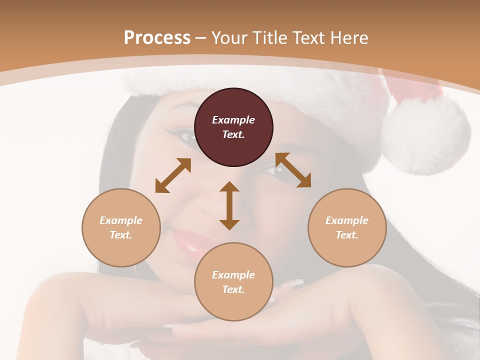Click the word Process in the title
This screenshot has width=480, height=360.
pyautogui.click(x=157, y=38)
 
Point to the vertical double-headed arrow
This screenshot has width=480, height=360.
pyautogui.click(x=229, y=205)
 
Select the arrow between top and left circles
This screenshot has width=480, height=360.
pyautogui.click(x=173, y=175)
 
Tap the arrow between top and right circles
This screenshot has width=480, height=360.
pyautogui.click(x=293, y=170)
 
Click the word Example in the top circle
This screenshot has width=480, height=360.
pyautogui.click(x=233, y=120)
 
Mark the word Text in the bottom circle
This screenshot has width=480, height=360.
pyautogui.click(x=232, y=289)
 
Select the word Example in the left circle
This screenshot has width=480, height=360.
pyautogui.click(x=121, y=220)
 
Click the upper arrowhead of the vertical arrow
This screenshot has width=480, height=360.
pyautogui.click(x=229, y=187)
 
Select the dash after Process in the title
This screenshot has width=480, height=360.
pyautogui.click(x=201, y=38)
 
